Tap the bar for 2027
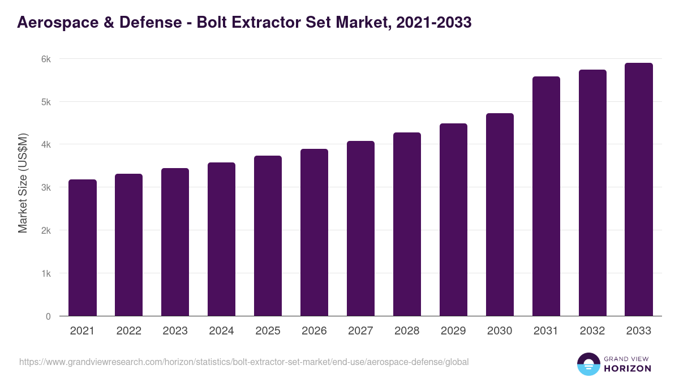pos(360,229)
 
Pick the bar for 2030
pos(500,215)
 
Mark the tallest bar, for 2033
pos(639,190)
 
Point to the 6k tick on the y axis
pos(45,59)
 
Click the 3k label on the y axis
pos(45,188)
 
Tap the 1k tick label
pos(45,273)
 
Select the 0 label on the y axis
pos(48,316)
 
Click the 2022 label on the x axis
pos(128,331)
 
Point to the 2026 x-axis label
pos(314,331)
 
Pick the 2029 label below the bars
pos(453,331)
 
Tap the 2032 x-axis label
pos(592,331)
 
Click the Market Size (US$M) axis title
pos(23,183)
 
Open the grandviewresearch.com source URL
pos(244,362)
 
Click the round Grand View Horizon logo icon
pos(588,364)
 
